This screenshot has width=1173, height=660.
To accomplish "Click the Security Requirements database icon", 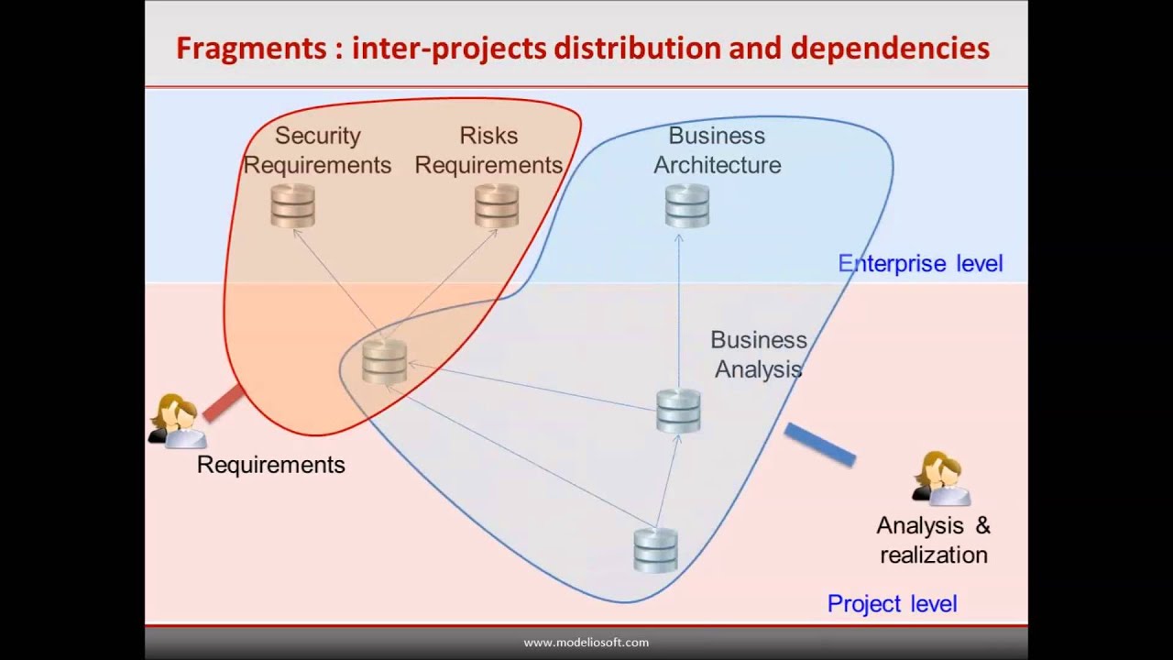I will [293, 205].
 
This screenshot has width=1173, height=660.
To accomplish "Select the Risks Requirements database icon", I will [497, 205].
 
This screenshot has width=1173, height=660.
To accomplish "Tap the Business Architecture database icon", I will [687, 205].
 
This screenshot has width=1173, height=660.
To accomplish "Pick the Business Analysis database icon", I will [679, 411].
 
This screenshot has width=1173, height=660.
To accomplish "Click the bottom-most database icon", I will [656, 550].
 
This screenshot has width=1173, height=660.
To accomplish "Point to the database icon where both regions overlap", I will [384, 361].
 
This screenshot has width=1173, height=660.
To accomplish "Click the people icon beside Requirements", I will [176, 422].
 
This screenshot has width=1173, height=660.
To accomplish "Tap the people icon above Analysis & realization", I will [941, 478].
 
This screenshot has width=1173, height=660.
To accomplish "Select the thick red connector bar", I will [223, 403].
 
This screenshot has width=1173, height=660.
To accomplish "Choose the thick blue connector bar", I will [820, 445].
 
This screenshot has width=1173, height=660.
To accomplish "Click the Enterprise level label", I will [920, 264].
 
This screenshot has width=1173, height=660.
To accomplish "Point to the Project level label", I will [892, 603].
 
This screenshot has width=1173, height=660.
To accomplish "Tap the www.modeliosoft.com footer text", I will [586, 643].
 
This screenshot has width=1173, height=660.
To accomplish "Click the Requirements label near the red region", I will [271, 465].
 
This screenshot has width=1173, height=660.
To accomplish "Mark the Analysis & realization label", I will [934, 540].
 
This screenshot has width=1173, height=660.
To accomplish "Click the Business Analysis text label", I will [759, 354].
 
